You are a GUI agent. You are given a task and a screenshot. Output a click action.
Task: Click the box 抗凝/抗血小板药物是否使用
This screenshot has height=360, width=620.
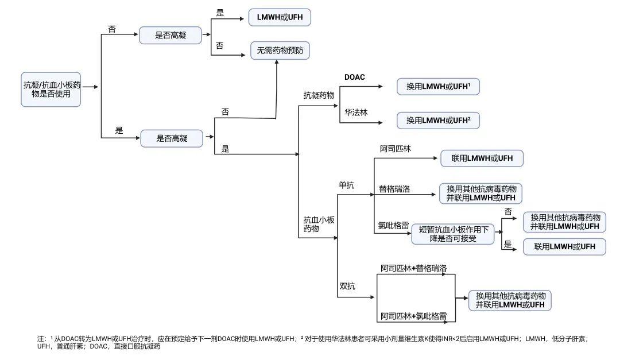[x=51, y=89]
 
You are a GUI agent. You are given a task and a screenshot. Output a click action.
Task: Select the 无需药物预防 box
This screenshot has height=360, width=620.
[x=280, y=51]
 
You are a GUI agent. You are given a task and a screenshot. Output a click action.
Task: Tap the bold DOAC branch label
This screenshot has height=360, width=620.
[x=355, y=77]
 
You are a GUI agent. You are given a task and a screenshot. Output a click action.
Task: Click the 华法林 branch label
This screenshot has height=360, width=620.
[x=356, y=112]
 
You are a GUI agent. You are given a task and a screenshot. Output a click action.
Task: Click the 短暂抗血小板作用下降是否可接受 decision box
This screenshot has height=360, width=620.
[x=454, y=234]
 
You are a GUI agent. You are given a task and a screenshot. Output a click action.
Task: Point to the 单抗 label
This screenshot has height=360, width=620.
[x=347, y=185]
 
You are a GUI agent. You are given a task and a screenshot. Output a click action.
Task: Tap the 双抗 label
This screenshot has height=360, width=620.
[x=347, y=285]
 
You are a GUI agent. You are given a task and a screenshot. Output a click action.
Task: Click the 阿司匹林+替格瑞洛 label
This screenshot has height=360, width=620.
[x=414, y=268]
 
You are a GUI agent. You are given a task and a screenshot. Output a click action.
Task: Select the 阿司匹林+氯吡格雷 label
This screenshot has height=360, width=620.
[x=414, y=316]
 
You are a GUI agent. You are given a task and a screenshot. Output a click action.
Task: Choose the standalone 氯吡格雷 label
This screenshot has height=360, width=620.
[x=393, y=226]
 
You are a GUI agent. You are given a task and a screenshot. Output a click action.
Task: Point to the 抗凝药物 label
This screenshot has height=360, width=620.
[x=319, y=95]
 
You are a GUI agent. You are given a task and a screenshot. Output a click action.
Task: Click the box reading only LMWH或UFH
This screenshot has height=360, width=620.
[x=280, y=18]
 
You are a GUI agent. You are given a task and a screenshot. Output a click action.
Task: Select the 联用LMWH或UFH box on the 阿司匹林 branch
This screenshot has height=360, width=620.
[x=482, y=158]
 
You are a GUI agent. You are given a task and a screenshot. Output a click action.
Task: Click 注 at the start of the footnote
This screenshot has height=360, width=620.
[x=41, y=339]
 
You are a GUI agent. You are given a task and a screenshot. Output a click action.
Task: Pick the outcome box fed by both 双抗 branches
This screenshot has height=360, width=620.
[x=510, y=300]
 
